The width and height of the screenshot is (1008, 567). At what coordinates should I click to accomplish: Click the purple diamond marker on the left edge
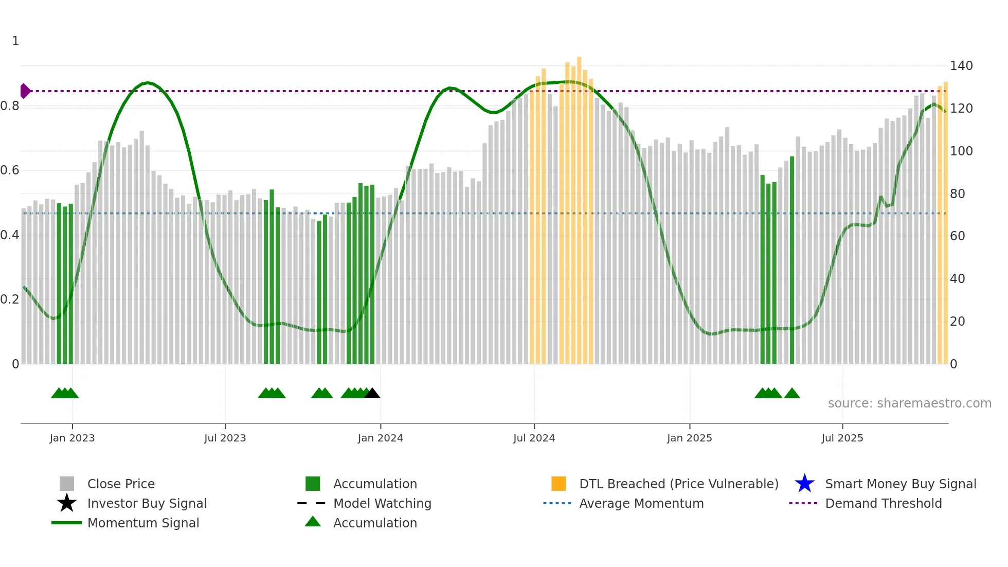(x=25, y=91)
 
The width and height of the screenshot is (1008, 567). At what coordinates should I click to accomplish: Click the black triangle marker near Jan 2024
(x=372, y=394)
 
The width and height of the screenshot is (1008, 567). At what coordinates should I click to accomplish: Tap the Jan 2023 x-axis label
(x=72, y=438)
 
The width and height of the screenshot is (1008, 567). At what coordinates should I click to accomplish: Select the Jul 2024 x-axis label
(x=534, y=438)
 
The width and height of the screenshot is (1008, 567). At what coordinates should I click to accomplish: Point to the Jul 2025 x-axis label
(x=842, y=438)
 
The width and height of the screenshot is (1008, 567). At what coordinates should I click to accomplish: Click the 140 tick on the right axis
(x=961, y=66)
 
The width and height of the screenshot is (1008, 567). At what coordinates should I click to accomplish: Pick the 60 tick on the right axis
(x=957, y=236)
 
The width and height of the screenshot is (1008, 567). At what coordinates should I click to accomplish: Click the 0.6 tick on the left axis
(x=10, y=170)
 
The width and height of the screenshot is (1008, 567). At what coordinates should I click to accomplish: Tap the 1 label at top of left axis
(x=15, y=41)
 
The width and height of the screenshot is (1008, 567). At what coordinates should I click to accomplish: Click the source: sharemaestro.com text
(x=909, y=403)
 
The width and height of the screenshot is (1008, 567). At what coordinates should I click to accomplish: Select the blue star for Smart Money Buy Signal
(x=804, y=484)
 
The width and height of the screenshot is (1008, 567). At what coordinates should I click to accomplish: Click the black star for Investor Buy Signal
(x=67, y=503)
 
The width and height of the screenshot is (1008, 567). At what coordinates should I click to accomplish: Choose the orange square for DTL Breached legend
(x=559, y=484)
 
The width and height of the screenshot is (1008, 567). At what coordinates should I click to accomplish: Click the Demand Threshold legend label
(x=883, y=503)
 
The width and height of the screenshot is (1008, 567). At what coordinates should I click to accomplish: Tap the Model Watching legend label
(x=382, y=503)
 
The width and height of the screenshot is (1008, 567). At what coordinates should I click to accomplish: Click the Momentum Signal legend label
(x=143, y=523)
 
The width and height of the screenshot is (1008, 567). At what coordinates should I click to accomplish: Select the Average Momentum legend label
(x=641, y=503)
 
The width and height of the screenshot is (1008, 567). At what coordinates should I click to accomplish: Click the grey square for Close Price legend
(x=67, y=484)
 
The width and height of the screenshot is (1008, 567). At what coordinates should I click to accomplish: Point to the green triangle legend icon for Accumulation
(x=313, y=522)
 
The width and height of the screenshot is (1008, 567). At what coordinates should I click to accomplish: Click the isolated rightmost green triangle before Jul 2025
(x=792, y=394)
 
